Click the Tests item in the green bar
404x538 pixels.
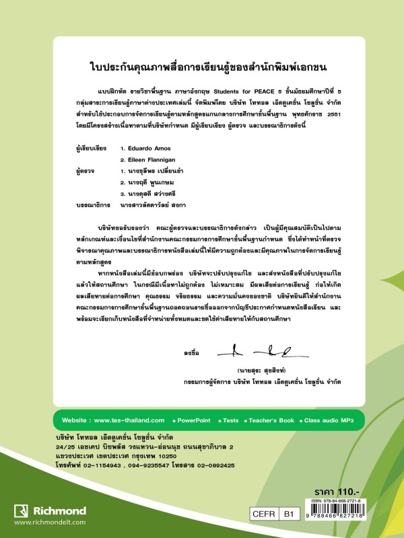[x=231, y=420]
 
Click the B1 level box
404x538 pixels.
[x=290, y=514]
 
